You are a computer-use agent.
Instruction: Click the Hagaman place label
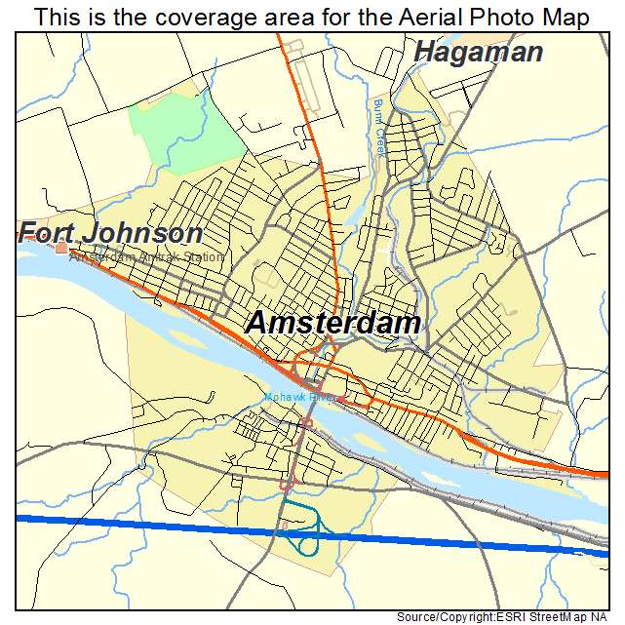pos(478,52)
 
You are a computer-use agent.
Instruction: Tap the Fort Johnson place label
pos(111,234)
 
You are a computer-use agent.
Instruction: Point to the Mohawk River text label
pos(298,397)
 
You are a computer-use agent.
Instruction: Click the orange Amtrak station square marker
pos(61,249)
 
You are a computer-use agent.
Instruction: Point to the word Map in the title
pos(566,17)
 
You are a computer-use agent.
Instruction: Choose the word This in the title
pos(56,17)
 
